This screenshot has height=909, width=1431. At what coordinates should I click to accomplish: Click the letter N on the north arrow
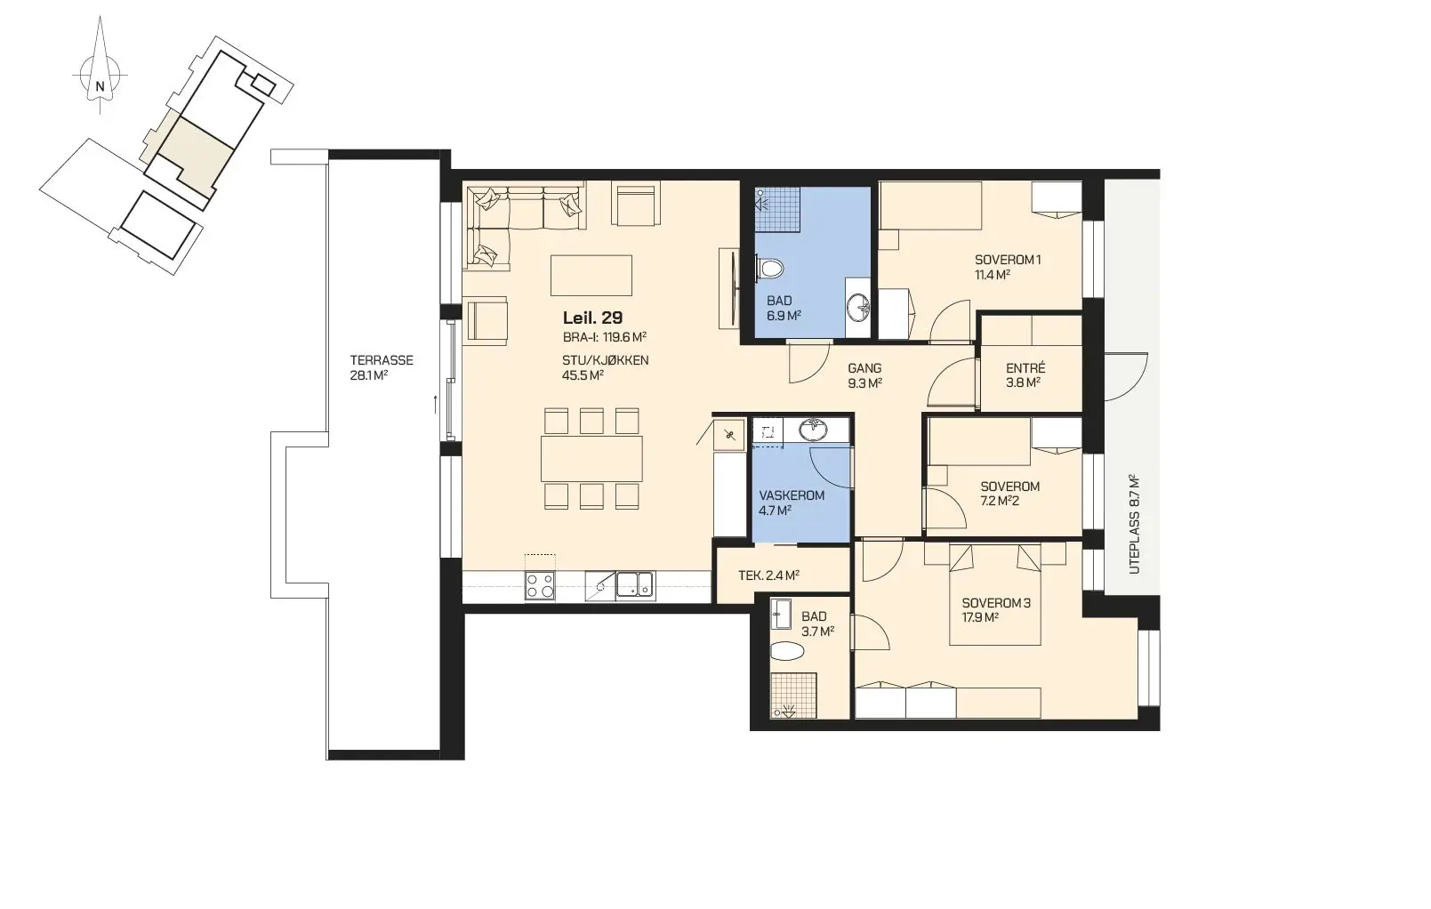click(100, 86)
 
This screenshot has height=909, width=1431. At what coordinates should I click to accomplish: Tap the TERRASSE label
click(382, 360)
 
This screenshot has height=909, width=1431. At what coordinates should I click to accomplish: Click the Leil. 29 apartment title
click(593, 318)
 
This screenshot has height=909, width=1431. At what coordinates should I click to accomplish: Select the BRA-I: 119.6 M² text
click(605, 337)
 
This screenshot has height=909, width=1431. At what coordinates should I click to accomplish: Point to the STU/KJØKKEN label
click(606, 360)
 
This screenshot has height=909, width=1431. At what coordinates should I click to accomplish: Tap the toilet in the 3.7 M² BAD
click(786, 651)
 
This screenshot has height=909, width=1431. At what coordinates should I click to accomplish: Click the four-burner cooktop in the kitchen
click(540, 585)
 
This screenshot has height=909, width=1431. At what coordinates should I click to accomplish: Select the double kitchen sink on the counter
click(635, 585)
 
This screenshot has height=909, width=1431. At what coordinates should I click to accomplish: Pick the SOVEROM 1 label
click(1008, 260)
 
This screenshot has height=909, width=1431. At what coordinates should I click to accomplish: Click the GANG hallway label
click(864, 368)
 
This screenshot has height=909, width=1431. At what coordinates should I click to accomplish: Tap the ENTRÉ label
click(1025, 368)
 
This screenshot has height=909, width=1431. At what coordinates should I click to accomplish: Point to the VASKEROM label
click(792, 495)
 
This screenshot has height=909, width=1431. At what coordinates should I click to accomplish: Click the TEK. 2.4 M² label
click(769, 575)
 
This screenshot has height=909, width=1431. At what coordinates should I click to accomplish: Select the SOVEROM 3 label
click(996, 603)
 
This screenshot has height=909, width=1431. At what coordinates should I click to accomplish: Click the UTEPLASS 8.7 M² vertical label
click(1134, 524)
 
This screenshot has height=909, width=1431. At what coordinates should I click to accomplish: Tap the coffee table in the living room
click(591, 276)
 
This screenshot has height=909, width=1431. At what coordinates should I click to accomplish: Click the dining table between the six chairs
click(591, 459)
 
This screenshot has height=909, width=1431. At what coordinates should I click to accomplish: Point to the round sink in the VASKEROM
click(813, 430)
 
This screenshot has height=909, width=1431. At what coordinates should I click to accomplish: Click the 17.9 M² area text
click(981, 618)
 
